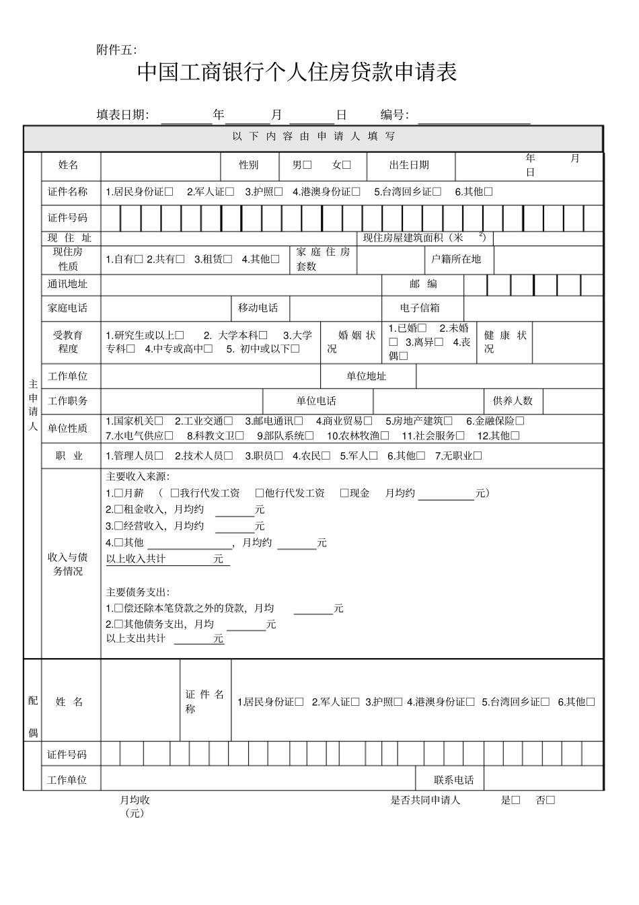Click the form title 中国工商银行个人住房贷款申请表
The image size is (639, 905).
pos(297,73)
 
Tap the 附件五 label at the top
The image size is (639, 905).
pos(116,50)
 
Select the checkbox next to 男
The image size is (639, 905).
pos(307,165)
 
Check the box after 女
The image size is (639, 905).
pos(346,165)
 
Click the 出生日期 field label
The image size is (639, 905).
pos(408,165)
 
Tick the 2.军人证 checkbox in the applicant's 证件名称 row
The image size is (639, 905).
pos(230,192)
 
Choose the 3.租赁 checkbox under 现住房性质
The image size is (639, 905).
pos(228,259)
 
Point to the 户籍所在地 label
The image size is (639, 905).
pos(456,259)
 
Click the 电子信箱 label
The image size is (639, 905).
pos(420,308)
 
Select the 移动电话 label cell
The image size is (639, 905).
pos(258,308)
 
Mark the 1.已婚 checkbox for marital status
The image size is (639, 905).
pos(422,328)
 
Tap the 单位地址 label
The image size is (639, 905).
pos(367,376)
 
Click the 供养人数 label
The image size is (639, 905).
pos(513,401)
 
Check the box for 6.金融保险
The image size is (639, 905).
pos(520,421)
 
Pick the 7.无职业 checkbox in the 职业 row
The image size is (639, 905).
pos(478,456)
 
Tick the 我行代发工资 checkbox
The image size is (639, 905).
pos(175,493)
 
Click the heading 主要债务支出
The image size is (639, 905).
pos(137,592)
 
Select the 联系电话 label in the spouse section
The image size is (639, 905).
pos(454,780)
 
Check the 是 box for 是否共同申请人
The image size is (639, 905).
pos(516,800)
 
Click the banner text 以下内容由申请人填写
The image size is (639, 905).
pos(313,137)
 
